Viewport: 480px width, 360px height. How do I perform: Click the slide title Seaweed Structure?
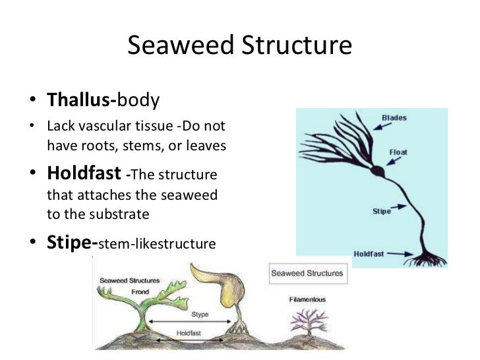tap(239, 46)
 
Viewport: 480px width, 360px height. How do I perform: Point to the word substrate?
tap(124, 215)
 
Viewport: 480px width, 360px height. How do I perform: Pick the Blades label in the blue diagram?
tap(394, 118)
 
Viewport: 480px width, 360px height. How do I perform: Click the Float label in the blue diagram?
tap(398, 152)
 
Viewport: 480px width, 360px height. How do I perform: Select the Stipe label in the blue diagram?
tap(382, 212)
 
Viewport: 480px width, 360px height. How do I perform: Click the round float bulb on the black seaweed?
tap(376, 172)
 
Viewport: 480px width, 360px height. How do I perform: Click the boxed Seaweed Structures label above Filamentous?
tap(307, 273)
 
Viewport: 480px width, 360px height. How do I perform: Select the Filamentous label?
tap(307, 299)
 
